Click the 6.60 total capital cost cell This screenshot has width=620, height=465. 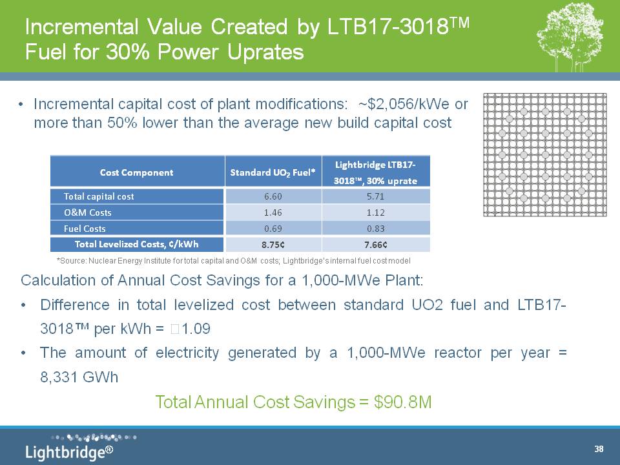tap(273, 196)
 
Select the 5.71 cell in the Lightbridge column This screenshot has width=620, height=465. tap(375, 196)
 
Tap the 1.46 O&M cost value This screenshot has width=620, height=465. tap(273, 212)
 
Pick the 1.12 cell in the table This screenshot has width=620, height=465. tap(375, 212)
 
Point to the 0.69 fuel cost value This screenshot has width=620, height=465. tap(273, 229)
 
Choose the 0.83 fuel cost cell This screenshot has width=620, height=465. tap(375, 229)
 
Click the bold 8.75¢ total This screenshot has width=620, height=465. tap(273, 245)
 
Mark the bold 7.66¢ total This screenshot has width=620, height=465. tap(376, 245)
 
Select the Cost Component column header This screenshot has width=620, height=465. tap(136, 172)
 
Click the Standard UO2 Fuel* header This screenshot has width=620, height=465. tap(273, 173)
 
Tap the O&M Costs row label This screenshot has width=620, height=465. tap(88, 212)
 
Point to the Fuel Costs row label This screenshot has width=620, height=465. tap(85, 229)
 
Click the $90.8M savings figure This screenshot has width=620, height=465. tap(403, 402)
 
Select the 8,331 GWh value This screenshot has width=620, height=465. tap(79, 377)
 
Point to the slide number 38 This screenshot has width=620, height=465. tap(599, 449)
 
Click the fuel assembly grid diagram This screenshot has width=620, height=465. tap(545, 155)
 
